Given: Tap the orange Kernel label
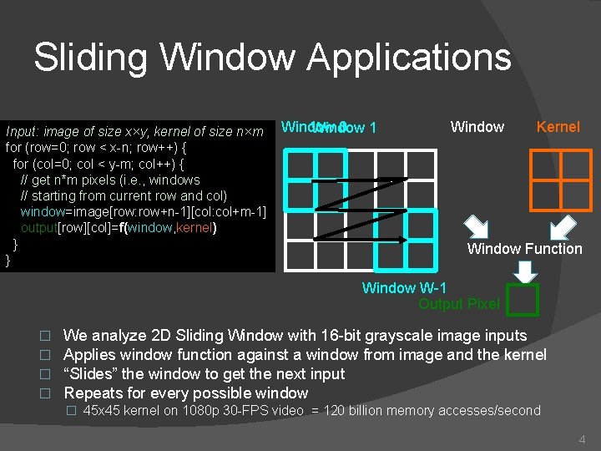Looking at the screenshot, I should (558, 127).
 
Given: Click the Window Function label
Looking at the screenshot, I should (524, 249).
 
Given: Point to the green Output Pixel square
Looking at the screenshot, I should (523, 300).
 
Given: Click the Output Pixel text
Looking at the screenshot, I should (458, 304).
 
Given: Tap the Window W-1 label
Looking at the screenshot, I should (404, 288).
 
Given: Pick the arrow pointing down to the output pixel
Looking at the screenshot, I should (524, 271).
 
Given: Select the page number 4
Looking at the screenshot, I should (582, 438).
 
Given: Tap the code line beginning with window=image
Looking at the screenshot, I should (143, 212).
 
